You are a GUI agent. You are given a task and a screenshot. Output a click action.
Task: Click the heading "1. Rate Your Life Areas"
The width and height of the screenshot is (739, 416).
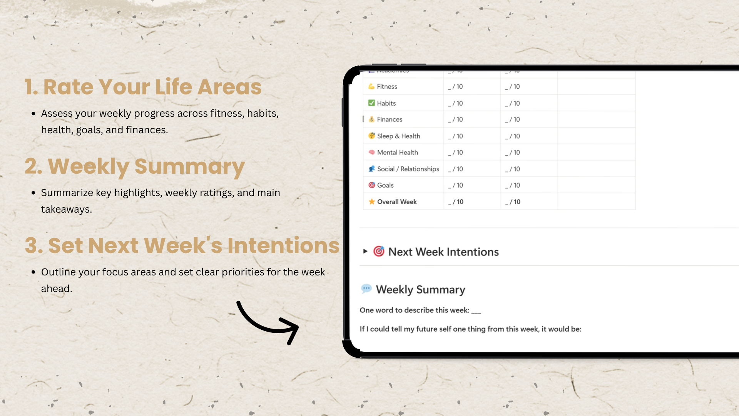143,87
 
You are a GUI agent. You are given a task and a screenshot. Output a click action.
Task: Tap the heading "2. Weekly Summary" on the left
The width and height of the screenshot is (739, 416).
135,167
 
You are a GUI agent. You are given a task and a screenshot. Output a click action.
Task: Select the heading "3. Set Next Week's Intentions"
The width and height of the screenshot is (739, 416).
182,245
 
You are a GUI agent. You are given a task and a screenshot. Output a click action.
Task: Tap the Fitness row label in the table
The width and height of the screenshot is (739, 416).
387,87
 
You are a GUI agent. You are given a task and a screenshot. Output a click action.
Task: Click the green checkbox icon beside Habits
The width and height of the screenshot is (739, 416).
371,103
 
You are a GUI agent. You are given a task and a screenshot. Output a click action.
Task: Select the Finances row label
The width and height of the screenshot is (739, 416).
390,119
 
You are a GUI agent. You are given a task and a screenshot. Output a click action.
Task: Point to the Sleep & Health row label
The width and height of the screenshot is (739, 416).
398,136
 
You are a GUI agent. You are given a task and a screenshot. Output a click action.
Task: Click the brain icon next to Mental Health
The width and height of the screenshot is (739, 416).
371,152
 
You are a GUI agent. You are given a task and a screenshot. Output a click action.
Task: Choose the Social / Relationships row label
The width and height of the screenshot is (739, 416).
408,169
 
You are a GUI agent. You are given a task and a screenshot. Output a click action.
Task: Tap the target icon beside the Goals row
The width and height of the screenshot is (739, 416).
371,185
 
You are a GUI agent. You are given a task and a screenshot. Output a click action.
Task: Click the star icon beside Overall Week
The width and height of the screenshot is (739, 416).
371,201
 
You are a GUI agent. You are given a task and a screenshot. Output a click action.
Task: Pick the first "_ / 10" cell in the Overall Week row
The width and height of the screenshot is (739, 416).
456,202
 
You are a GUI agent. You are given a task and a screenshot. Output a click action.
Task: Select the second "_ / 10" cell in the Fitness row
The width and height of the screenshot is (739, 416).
512,87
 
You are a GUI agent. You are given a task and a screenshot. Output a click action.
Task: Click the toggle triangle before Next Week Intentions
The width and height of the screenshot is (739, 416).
365,252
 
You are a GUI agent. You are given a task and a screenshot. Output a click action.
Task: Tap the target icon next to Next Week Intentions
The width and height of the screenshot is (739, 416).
379,251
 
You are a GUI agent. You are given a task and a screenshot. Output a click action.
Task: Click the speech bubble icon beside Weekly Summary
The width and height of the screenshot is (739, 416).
366,289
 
